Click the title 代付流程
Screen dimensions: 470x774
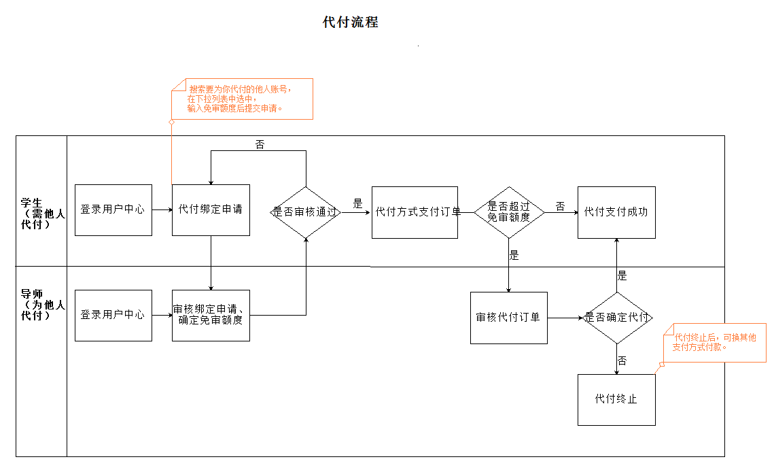pyautogui.click(x=350, y=22)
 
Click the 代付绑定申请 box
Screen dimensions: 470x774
pyautogui.click(x=211, y=210)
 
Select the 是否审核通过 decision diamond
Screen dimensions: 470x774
pyautogui.click(x=306, y=212)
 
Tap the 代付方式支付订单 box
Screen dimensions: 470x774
pyautogui.click(x=415, y=212)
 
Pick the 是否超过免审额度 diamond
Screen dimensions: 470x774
pyautogui.click(x=508, y=212)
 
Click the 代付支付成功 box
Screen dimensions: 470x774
pyautogui.click(x=616, y=212)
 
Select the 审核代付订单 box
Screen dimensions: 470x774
pyautogui.click(x=508, y=318)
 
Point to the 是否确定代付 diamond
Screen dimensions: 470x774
pyautogui.click(x=616, y=318)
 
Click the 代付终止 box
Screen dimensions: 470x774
pyautogui.click(x=616, y=399)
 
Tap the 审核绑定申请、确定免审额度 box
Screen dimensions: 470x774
pyautogui.click(x=211, y=315)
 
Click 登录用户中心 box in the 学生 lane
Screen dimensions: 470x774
pyautogui.click(x=113, y=210)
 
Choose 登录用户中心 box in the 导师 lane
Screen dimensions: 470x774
pyautogui.click(x=113, y=315)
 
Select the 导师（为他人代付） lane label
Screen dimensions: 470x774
pyautogui.click(x=41, y=305)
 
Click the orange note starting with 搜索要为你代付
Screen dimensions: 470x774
pyautogui.click(x=241, y=99)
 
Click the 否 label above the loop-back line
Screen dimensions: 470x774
pyautogui.click(x=260, y=145)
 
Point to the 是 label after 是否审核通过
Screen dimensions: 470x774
pyautogui.click(x=357, y=203)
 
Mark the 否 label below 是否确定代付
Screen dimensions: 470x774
pyautogui.click(x=622, y=360)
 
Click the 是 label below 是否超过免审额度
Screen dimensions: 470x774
pyautogui.click(x=514, y=256)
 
